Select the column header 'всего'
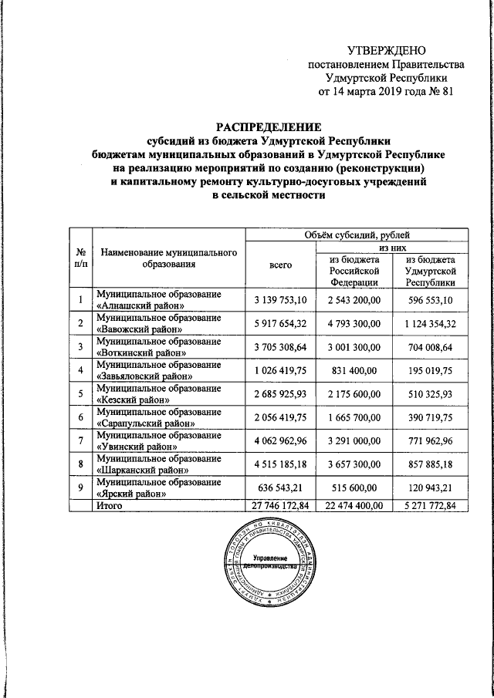coord(279,265)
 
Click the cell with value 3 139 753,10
coord(279,299)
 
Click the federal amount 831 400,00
coord(353,371)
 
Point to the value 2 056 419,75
coord(279,419)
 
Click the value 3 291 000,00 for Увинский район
coord(353,443)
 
